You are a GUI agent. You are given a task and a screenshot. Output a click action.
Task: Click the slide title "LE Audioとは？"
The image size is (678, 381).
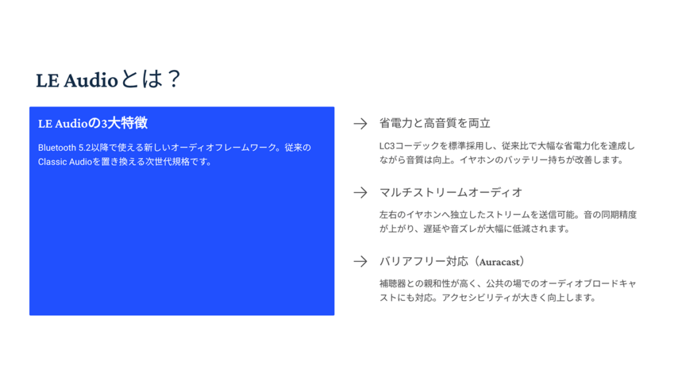point(109,79)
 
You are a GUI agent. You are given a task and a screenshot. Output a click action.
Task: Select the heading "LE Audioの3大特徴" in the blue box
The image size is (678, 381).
point(92,123)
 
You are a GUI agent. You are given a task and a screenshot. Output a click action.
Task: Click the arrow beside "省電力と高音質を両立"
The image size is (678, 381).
point(360,124)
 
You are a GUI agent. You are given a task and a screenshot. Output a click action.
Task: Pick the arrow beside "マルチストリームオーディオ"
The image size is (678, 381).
point(360,192)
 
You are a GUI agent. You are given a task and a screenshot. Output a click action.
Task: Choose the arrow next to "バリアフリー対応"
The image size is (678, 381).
point(360,261)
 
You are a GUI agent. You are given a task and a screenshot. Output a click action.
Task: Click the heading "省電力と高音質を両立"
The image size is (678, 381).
point(434,124)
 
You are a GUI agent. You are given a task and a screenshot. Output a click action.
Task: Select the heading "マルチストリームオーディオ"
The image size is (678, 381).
point(450,192)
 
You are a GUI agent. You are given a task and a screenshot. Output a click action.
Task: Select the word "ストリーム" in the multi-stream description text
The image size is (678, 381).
point(515,215)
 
